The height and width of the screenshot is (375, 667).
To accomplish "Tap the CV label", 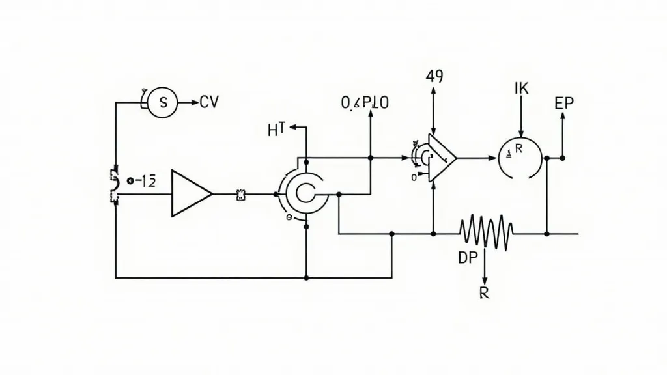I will click(x=209, y=102).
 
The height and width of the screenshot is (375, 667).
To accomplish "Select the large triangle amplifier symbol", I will click(x=190, y=193).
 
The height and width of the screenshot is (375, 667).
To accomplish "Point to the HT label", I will click(x=277, y=130).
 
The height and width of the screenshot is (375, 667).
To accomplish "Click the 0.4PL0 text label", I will click(x=365, y=103).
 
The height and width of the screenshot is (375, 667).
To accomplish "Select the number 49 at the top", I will click(x=434, y=76).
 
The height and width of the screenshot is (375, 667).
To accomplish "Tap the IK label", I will click(x=521, y=90).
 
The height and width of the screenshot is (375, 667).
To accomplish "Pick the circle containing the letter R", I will click(x=520, y=157).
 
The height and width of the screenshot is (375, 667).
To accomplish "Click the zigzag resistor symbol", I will click(x=486, y=233).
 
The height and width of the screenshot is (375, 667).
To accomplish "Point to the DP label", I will click(x=468, y=258).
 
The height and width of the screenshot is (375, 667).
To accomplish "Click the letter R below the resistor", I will click(x=483, y=292).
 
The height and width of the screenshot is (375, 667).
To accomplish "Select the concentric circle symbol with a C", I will click(x=304, y=193).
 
